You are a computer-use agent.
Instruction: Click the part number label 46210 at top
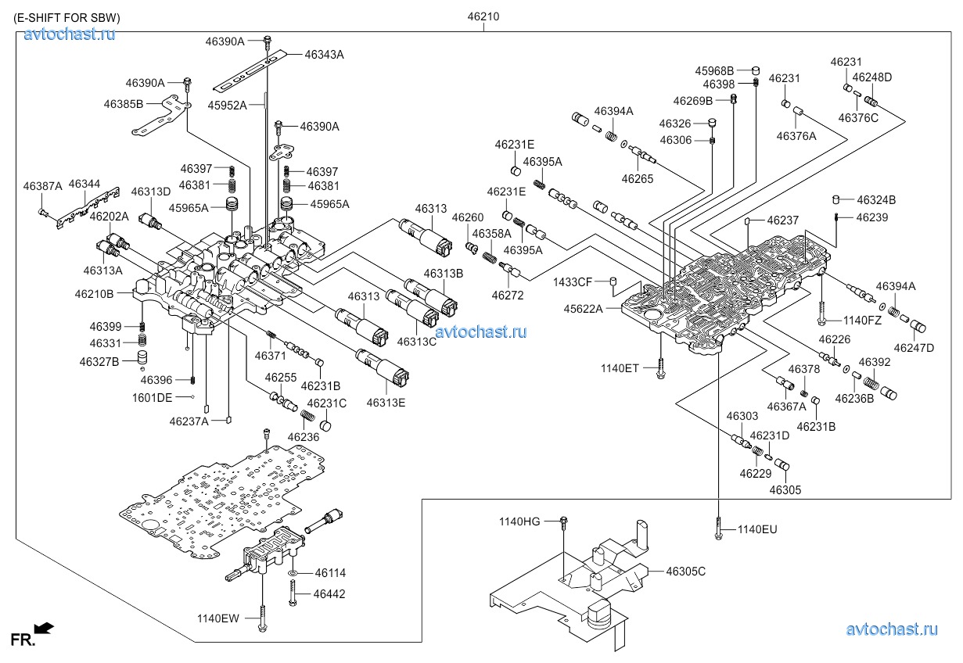483,16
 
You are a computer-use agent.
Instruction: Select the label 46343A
324,55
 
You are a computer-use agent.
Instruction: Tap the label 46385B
123,103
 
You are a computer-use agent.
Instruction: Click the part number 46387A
42,186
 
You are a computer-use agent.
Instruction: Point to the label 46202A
109,216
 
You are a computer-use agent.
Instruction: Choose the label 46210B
94,294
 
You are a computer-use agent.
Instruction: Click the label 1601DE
152,397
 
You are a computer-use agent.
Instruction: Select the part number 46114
329,574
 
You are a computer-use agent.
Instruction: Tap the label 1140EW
218,618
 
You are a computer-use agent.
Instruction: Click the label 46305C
685,572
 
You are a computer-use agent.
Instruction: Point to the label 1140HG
520,521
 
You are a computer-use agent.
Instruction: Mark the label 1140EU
757,530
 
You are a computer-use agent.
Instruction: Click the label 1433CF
573,281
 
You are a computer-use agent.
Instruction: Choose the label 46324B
875,200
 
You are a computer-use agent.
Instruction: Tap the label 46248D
871,77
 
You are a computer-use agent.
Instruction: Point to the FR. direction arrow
45,627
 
